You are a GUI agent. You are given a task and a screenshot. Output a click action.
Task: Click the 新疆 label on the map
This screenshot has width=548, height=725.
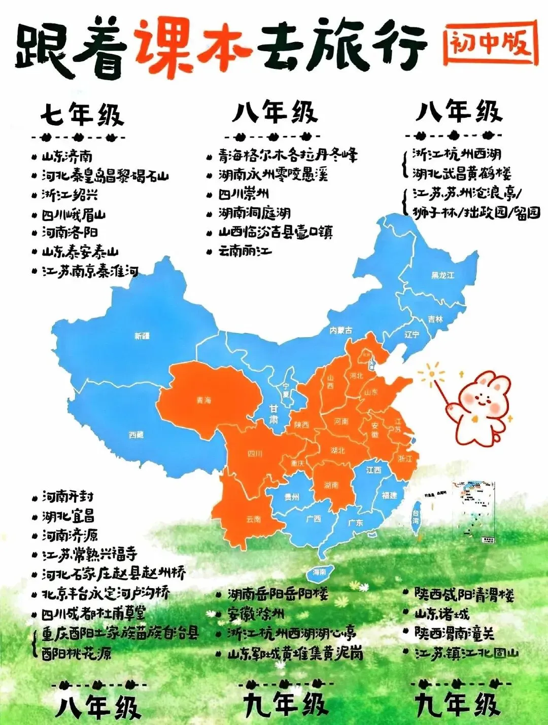coord(142,336)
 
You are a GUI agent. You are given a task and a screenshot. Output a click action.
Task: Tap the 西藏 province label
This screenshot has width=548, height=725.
coord(136,435)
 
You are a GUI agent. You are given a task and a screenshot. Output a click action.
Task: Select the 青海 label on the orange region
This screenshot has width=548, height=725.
coord(203,401)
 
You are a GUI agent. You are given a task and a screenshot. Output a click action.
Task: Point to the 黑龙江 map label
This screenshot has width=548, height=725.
coord(442,275)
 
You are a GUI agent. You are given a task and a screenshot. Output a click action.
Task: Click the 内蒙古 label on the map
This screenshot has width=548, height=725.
coord(340,331)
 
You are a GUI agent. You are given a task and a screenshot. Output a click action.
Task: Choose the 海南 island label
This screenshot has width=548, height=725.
coord(319,572)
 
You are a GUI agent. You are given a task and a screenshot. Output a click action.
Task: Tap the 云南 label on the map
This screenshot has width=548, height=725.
coord(253,519)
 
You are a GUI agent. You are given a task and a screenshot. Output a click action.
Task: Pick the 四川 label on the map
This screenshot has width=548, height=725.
coord(255,453)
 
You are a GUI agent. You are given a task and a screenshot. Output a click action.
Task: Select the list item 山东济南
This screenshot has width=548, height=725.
coord(67,156)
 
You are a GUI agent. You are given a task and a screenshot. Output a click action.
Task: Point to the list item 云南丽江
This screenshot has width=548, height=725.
coord(245,251)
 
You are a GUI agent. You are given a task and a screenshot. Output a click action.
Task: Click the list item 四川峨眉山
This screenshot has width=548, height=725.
coord(74,214)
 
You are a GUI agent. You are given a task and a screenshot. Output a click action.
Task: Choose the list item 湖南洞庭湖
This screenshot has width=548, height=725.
coord(254,213)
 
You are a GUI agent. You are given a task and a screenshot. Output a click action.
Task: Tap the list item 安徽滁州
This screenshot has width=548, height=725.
coord(256,614)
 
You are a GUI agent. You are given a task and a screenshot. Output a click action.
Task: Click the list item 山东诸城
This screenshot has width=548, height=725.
coord(442,614)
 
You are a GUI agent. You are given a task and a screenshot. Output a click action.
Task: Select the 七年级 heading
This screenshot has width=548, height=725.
coord(82,115)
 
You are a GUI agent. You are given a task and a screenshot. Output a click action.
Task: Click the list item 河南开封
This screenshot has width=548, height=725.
coord(67,497)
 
